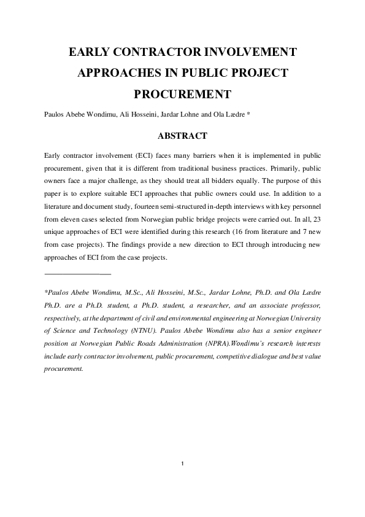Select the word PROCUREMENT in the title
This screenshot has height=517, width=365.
pos(182,95)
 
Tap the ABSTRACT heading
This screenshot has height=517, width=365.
pos(182,135)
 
